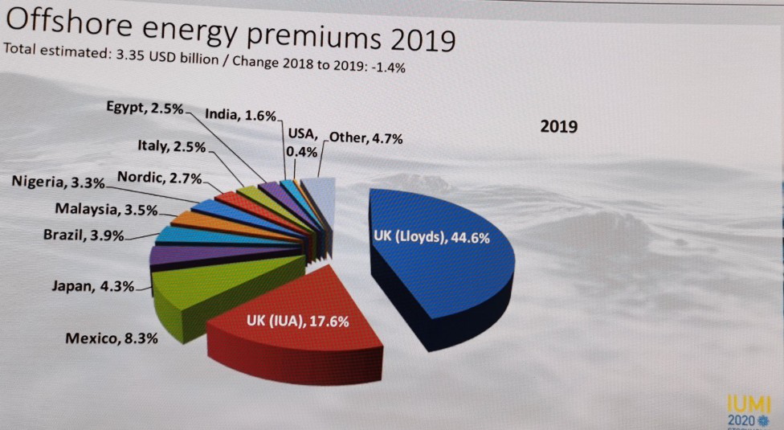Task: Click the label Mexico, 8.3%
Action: pyautogui.click(x=112, y=338)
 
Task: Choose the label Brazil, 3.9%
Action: pyautogui.click(x=84, y=236)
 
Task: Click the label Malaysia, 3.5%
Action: pyautogui.click(x=106, y=210)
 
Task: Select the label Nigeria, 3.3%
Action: pyautogui.click(x=58, y=182)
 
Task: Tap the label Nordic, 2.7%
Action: pyautogui.click(x=159, y=178)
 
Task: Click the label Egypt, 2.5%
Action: pyautogui.click(x=145, y=109)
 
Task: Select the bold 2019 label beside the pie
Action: pyautogui.click(x=559, y=127)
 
